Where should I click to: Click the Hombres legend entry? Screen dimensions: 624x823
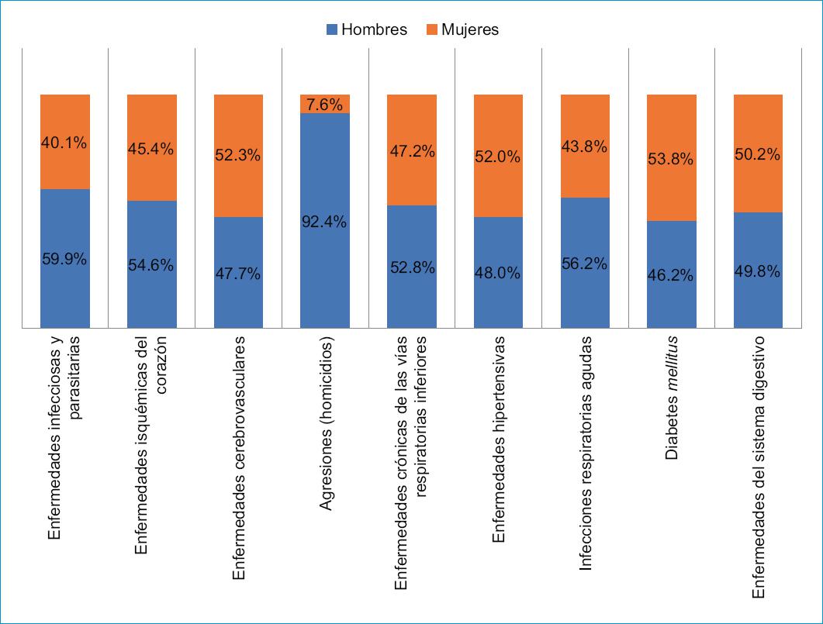tap(367, 30)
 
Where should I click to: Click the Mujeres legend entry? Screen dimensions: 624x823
tap(462, 30)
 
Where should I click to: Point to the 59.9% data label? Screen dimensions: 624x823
tap(65, 260)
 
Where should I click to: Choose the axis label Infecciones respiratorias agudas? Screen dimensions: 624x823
tap(586, 454)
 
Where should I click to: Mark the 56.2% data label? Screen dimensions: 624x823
tap(585, 264)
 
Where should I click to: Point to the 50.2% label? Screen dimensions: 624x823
tap(758, 155)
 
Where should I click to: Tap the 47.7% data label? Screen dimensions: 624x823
tap(238, 274)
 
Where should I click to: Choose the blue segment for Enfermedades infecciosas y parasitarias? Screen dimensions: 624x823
tap(65, 295)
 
